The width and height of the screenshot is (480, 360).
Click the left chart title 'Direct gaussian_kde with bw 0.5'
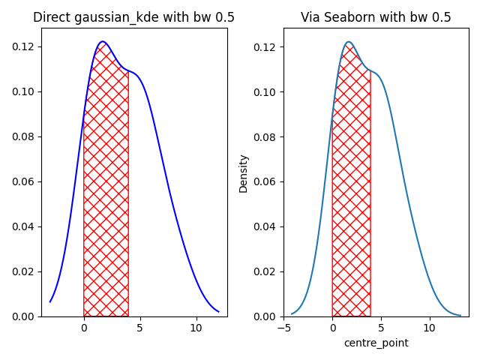[134, 17]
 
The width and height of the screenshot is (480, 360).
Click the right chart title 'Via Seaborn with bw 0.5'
[376, 17]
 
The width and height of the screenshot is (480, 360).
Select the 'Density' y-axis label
[243, 173]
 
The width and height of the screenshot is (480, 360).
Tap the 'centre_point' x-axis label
[376, 343]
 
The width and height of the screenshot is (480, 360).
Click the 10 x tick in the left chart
[196, 328]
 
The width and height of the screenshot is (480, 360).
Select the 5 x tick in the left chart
[139, 328]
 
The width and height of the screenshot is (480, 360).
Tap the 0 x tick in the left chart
[84, 328]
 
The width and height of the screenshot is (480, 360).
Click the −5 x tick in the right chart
[284, 328]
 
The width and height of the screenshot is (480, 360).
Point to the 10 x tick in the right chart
[429, 328]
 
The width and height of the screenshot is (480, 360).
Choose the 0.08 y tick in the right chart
[267, 136]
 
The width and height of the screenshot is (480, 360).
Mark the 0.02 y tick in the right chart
[267, 271]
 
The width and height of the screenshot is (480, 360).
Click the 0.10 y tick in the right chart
[267, 91]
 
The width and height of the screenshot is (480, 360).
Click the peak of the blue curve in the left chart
[103, 42]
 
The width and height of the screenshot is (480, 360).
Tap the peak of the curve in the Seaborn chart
[349, 42]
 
